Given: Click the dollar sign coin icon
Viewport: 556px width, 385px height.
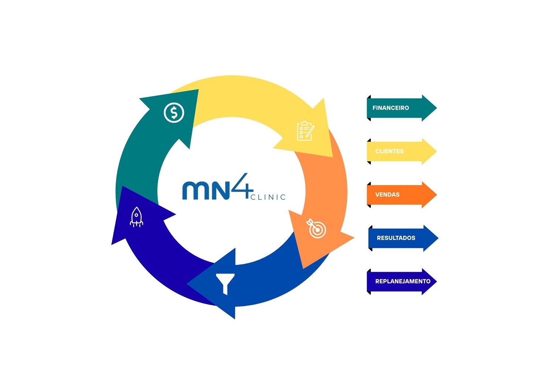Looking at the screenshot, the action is click(174, 112).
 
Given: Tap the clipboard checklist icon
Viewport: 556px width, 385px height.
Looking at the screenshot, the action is click(305, 131).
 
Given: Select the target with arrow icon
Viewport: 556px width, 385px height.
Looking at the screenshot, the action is click(317, 229).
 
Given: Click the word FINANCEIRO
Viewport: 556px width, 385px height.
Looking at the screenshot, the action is click(390, 108).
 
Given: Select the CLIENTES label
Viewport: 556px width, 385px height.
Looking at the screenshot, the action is click(389, 151).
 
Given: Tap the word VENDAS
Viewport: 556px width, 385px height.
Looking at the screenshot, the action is click(387, 195).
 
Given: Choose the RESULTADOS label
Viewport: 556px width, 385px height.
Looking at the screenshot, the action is click(396, 238).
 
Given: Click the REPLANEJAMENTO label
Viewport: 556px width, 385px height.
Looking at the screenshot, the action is click(403, 281).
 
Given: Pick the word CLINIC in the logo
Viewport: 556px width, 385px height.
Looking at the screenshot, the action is click(268, 197).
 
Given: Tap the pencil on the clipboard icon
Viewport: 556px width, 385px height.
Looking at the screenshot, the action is click(310, 131).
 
